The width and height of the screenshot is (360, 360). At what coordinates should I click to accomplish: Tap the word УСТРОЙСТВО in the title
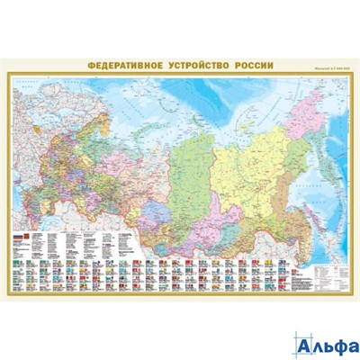[190, 65]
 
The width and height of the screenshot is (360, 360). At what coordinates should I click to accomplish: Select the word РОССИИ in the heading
[244, 65]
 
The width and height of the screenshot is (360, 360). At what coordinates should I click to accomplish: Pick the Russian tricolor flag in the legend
[15, 235]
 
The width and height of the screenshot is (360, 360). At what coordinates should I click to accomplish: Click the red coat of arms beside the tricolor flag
[26, 235]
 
